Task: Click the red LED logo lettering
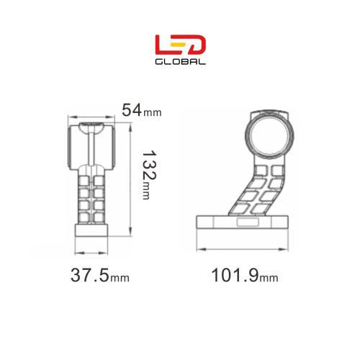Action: coord(181,45)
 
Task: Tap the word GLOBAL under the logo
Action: coord(181,61)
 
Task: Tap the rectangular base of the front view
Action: coord(91,230)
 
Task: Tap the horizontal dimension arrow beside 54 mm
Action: coord(91,117)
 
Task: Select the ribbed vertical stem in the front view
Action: coord(91,194)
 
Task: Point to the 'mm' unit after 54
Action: coord(153,112)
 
